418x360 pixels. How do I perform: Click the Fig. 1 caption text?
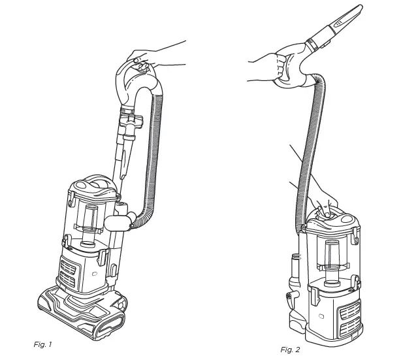42,344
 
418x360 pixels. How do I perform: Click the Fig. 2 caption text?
290,350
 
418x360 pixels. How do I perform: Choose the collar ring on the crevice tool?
320,42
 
